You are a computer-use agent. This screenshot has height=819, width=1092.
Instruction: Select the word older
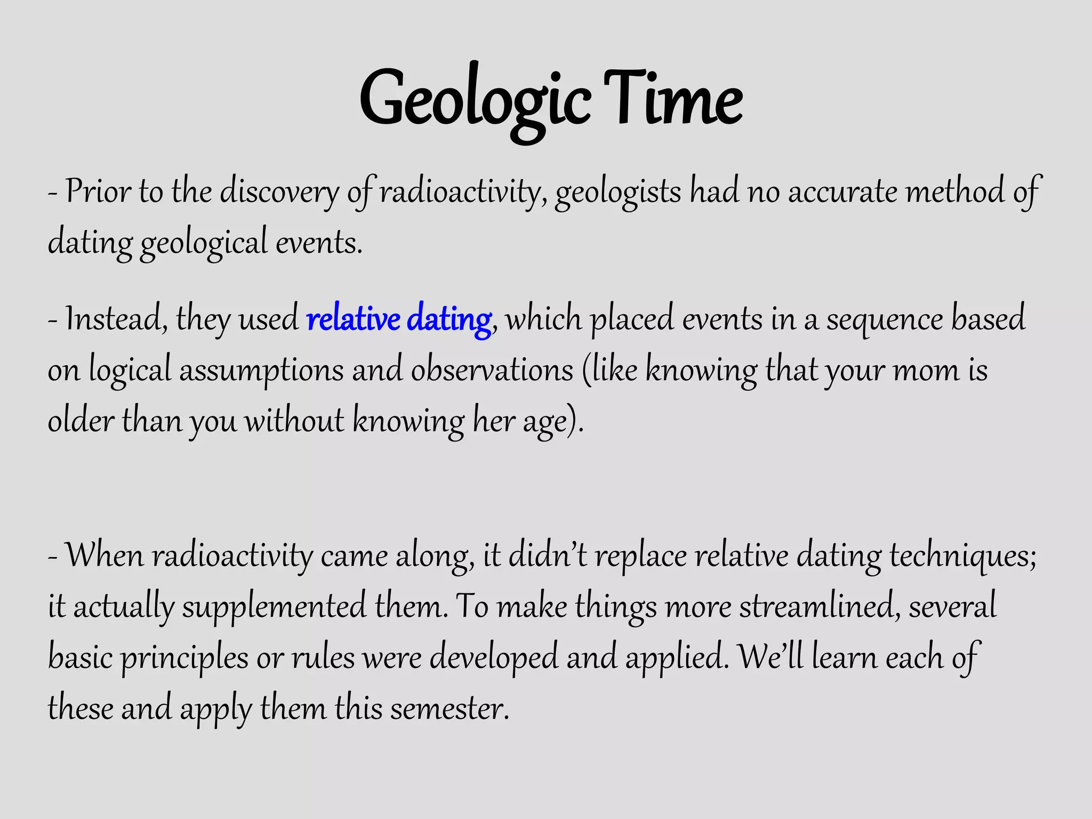click(x=81, y=421)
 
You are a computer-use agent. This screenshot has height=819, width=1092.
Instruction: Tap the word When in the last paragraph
click(x=105, y=556)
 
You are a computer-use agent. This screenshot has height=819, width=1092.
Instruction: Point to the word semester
click(x=449, y=709)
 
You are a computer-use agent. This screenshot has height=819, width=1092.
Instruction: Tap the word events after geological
click(x=319, y=243)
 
